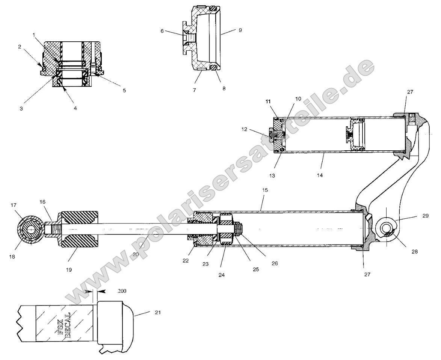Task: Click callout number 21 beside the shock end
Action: tap(158, 312)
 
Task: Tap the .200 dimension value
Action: tap(121, 291)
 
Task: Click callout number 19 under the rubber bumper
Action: tap(69, 270)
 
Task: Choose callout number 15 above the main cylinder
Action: tap(265, 190)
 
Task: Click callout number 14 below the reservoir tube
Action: tap(320, 175)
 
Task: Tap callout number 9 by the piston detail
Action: tap(240, 30)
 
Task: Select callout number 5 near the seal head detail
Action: tap(124, 91)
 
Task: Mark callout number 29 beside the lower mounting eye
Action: tap(425, 216)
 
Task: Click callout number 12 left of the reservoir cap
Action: tap(244, 129)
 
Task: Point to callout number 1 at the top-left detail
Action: tap(34, 35)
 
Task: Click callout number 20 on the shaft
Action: tap(136, 254)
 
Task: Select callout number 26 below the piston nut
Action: tap(275, 263)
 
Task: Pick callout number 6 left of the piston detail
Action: tap(162, 31)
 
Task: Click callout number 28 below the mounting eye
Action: tap(415, 251)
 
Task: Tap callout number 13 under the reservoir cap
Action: tap(272, 176)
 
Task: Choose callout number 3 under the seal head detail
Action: tap(21, 109)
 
